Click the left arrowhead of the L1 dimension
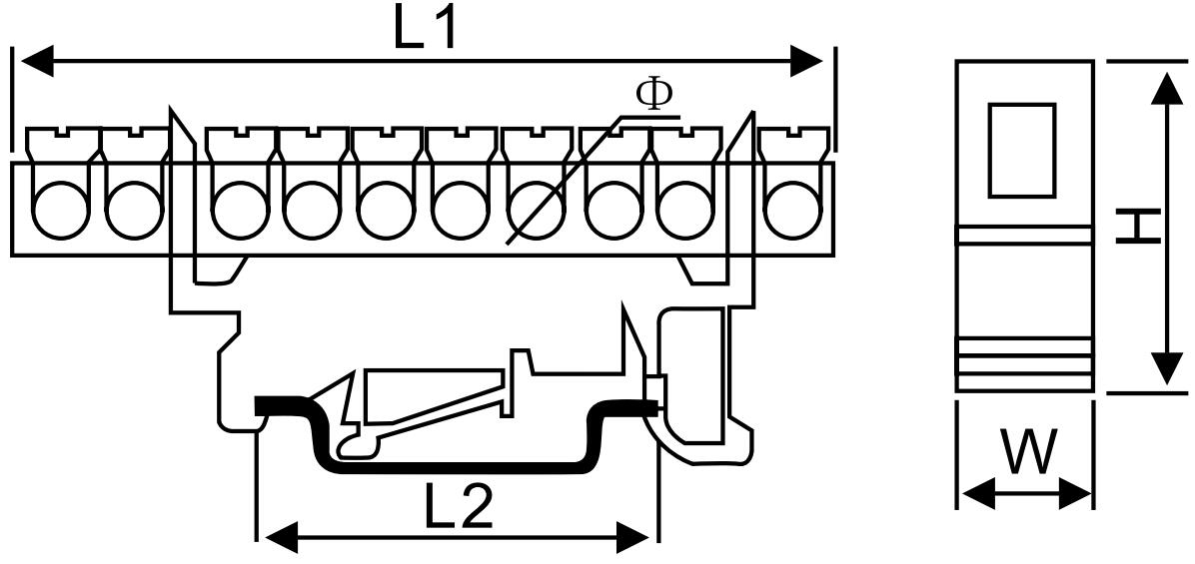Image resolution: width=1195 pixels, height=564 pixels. tap(36, 62)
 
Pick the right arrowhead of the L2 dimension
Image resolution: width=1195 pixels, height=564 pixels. tap(639, 538)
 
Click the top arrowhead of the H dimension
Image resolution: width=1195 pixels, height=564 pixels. tap(1161, 84)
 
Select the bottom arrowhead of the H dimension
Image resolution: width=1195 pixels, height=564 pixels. tap(1161, 370)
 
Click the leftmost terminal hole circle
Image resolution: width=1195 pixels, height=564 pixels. tap(61, 208)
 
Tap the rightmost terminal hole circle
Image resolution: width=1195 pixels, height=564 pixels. tap(792, 208)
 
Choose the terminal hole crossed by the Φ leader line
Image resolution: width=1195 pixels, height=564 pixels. tap(537, 208)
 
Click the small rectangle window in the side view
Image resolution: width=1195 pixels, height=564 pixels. tap(1022, 150)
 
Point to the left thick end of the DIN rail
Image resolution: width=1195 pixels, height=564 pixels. tap(275, 404)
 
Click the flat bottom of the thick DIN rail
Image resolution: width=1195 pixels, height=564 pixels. tap(460, 467)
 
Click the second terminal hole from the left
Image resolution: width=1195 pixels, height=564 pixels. tap(134, 208)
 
